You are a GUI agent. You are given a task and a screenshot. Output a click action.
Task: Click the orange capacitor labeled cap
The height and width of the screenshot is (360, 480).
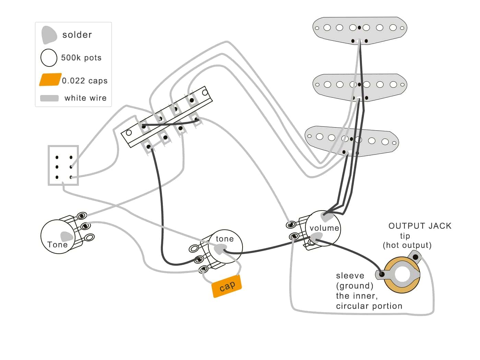click(x=227, y=286)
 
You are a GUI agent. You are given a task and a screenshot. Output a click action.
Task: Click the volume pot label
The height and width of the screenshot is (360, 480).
click(x=324, y=228)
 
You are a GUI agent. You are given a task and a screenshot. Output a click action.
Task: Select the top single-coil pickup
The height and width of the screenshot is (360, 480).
click(x=360, y=29)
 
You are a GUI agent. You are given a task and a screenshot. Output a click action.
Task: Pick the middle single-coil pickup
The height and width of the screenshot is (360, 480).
click(x=360, y=86)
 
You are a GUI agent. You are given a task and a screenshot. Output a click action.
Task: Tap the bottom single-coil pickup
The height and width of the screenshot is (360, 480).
click(x=352, y=141)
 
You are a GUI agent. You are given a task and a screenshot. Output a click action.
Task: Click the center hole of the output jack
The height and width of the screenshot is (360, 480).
click(x=402, y=275)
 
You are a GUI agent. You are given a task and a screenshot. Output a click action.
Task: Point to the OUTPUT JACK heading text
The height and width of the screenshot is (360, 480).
click(x=420, y=226)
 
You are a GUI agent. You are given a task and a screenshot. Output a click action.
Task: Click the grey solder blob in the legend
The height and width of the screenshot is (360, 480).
click(x=49, y=35)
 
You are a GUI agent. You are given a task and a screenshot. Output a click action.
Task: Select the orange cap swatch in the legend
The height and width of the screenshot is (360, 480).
click(x=50, y=80)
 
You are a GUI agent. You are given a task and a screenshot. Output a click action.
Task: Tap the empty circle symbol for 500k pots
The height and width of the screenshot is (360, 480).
click(x=49, y=58)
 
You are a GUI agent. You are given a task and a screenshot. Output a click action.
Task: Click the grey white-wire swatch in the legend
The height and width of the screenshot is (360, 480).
click(x=49, y=98)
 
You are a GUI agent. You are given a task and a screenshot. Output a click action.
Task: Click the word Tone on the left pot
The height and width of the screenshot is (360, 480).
click(x=57, y=244)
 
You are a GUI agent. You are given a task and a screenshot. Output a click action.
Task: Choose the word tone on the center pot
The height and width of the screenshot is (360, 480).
click(x=224, y=239)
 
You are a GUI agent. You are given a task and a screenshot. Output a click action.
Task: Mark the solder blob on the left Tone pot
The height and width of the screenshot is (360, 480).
click(x=67, y=236)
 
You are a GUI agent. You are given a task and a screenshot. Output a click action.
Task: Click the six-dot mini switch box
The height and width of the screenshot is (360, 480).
click(x=63, y=166)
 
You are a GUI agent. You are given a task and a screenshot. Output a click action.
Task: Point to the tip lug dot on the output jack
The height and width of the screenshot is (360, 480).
click(x=415, y=257)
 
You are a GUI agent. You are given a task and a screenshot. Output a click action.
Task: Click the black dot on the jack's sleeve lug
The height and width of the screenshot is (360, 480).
click(x=382, y=274)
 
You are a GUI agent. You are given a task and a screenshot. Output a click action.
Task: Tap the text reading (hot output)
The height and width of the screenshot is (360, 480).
click(x=407, y=245)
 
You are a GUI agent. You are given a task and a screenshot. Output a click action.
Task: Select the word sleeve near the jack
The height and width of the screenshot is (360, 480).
click(x=350, y=276)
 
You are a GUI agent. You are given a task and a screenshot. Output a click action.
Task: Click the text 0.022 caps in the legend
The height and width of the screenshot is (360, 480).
click(x=85, y=81)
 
